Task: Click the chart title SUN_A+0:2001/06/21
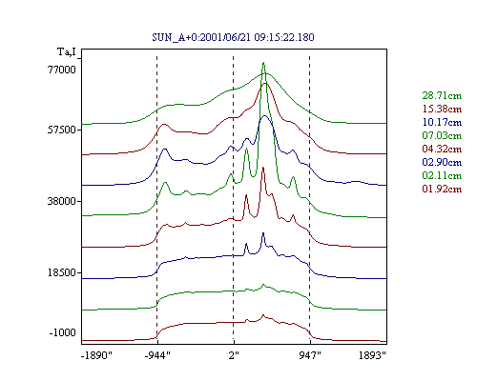(x=203, y=37)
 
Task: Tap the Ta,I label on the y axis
(x=67, y=51)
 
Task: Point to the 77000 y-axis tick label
(x=62, y=70)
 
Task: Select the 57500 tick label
(x=62, y=130)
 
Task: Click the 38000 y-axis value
(x=62, y=201)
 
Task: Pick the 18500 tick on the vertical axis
(x=62, y=272)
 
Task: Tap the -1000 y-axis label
(x=63, y=332)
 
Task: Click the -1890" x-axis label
(x=96, y=355)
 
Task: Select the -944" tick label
(x=157, y=355)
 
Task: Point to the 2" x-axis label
(x=234, y=355)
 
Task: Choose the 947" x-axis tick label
(x=310, y=355)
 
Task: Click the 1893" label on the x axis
(x=372, y=355)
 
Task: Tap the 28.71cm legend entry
(x=442, y=95)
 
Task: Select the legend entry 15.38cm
(x=442, y=109)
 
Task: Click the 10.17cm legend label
(x=442, y=122)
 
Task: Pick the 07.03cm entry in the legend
(x=442, y=135)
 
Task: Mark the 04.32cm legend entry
(x=442, y=149)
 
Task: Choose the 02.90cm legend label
(x=442, y=162)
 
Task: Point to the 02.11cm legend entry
(x=442, y=175)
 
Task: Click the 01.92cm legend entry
(x=442, y=189)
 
